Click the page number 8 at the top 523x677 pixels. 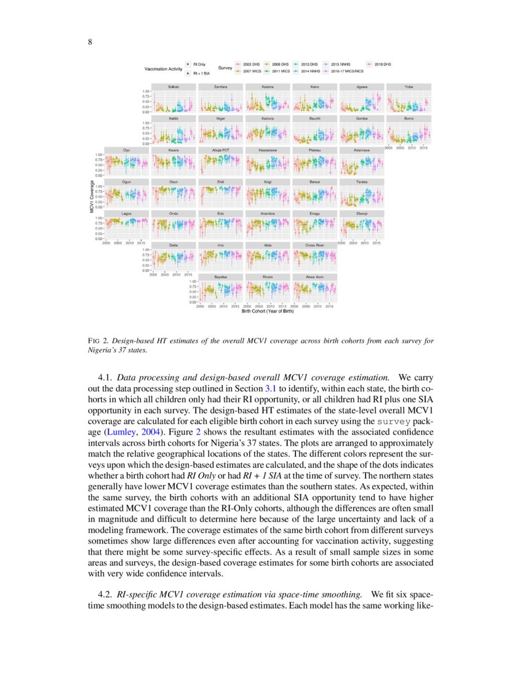[90, 42]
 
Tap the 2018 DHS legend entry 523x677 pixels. [383, 64]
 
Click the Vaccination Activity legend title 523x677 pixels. [163, 68]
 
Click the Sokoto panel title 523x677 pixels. [174, 87]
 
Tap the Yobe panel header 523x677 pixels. [409, 87]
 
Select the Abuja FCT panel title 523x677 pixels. [221, 150]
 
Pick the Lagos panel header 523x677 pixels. [127, 214]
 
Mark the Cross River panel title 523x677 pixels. [315, 246]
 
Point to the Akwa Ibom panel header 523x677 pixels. [315, 277]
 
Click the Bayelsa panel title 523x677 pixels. [221, 277]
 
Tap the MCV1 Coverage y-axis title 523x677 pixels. [92, 196]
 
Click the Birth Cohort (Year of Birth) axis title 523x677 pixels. [268, 311]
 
